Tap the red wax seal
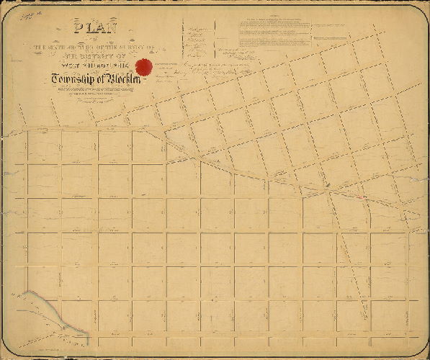(x=145, y=67)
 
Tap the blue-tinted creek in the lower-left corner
(x=43, y=306)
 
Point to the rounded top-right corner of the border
(x=421, y=10)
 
